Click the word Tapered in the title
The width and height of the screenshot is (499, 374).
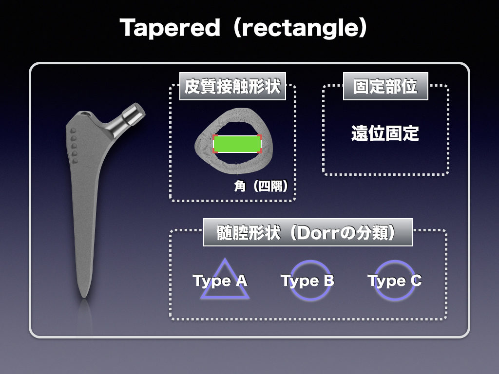click(170, 28)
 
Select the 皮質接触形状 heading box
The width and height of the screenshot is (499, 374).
click(232, 87)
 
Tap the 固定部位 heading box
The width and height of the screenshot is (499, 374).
click(385, 87)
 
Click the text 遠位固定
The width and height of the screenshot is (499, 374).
click(385, 133)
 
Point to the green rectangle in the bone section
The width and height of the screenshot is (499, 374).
click(237, 144)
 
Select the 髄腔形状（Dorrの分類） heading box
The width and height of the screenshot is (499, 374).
click(307, 232)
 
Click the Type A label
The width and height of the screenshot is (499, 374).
click(220, 280)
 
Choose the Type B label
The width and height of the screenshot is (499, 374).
click(307, 280)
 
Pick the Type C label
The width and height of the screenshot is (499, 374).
click(395, 280)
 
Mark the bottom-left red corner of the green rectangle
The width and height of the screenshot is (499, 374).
click(215, 151)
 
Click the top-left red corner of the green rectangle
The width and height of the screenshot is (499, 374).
click(215, 137)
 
